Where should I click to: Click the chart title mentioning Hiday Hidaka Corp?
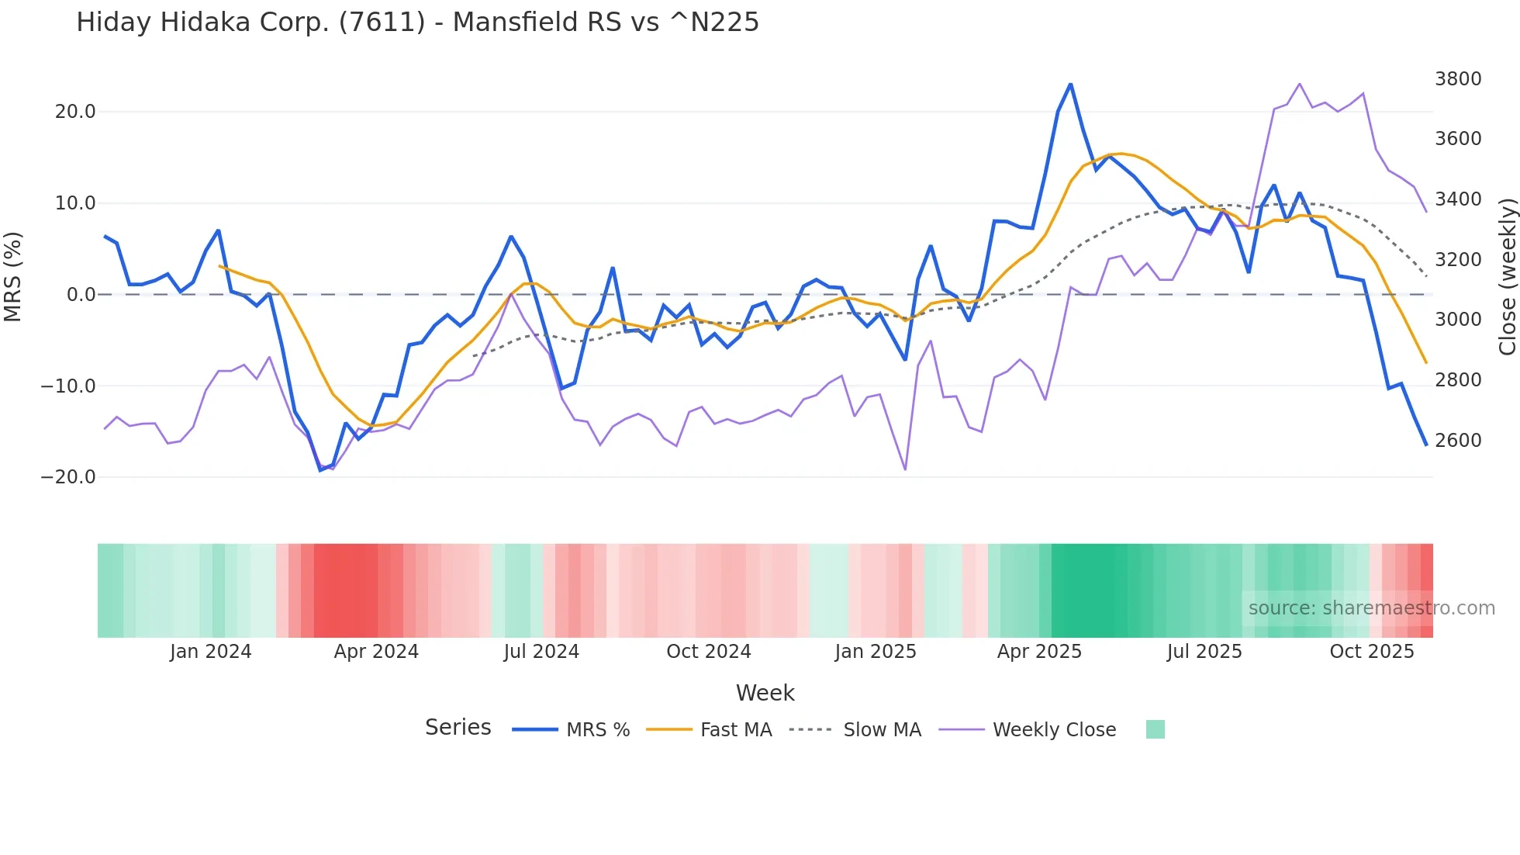tap(417, 22)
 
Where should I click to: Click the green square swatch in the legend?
tap(1155, 729)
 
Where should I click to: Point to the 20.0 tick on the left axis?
tap(75, 112)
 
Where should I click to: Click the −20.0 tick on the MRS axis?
tap(68, 477)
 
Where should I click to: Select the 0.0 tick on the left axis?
tap(81, 295)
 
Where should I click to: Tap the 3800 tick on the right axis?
tap(1458, 79)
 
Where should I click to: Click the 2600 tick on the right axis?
tap(1458, 441)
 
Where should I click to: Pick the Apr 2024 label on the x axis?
tap(376, 652)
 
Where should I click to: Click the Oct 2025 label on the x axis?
tap(1371, 652)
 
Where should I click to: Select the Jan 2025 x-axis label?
tap(875, 652)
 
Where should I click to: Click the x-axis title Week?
tap(765, 693)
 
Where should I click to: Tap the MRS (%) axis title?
tap(13, 276)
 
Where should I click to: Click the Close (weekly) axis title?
tap(1507, 277)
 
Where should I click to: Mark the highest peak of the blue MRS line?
tap(1070, 85)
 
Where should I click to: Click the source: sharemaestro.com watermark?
tap(1371, 608)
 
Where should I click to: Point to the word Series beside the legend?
tap(458, 728)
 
